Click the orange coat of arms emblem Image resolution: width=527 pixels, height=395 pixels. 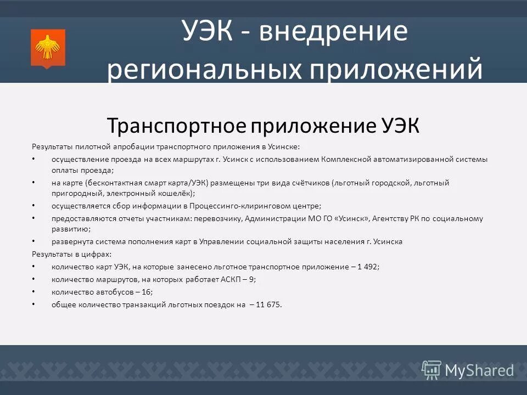click(48, 49)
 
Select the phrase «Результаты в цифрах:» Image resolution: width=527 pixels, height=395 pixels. click(72, 254)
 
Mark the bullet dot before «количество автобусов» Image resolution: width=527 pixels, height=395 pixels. click(33, 292)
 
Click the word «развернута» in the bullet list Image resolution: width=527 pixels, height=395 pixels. click(71, 242)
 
